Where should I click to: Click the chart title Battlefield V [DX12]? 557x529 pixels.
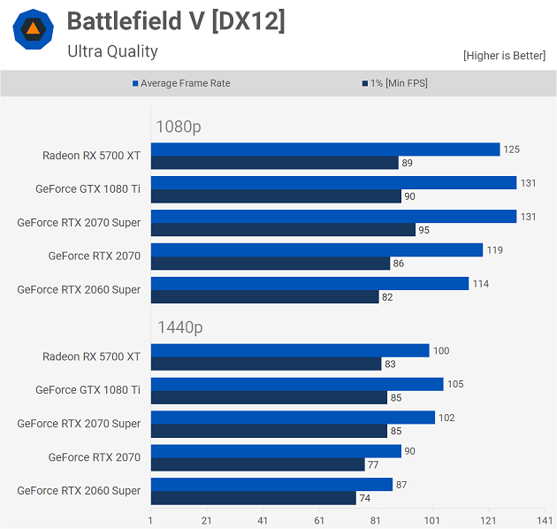tap(176, 21)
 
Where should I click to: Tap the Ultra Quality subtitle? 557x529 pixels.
tap(112, 51)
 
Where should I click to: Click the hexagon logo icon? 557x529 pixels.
tap(33, 29)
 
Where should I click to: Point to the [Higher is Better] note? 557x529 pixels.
tap(504, 56)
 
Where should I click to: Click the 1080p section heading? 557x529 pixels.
tap(179, 126)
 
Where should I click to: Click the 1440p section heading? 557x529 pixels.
tap(179, 327)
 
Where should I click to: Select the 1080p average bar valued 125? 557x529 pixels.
tap(325, 149)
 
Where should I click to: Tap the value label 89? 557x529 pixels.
tap(407, 163)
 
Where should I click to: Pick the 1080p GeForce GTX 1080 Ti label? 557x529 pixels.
tap(88, 188)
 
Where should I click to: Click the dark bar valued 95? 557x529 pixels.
tap(283, 230)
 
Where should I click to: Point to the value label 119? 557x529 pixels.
tap(494, 250)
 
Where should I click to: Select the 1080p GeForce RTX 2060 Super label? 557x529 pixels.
tap(79, 289)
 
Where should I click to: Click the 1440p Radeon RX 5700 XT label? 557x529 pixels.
tap(91, 356)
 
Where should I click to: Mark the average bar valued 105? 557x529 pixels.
tap(297, 384)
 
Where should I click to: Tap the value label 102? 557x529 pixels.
tap(446, 418)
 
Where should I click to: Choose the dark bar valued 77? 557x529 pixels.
tap(257, 464)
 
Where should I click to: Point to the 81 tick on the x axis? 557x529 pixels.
tap(376, 520)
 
